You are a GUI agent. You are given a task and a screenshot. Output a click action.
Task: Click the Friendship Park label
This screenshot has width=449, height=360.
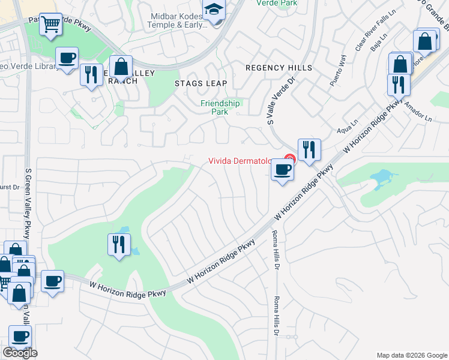220,107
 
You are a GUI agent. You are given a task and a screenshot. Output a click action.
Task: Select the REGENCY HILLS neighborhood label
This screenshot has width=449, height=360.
279,68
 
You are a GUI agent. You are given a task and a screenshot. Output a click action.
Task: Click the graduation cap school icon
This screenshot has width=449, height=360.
213,10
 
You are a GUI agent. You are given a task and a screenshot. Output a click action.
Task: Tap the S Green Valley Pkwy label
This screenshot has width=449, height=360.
28,205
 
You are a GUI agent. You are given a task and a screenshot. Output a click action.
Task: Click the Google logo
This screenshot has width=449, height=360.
20,353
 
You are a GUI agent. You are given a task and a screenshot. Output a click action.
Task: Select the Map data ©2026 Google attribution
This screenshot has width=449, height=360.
411,355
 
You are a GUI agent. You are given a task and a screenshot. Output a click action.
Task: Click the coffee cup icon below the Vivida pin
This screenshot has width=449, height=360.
282,170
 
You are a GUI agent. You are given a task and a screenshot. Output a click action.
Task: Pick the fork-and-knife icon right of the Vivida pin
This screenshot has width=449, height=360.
309,150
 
